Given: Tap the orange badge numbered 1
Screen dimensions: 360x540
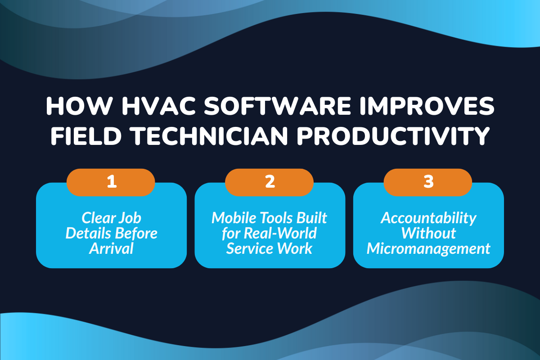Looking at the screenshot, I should coord(111,182).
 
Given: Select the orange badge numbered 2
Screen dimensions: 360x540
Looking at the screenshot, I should coord(270,182).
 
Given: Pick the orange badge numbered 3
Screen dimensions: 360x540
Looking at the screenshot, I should coord(428,182).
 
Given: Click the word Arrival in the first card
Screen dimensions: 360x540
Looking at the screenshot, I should coord(111,248).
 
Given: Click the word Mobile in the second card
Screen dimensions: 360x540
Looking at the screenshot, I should coord(233,218).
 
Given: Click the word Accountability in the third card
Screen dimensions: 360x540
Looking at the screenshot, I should coord(428,218).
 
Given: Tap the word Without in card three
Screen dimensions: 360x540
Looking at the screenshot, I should coord(428,234).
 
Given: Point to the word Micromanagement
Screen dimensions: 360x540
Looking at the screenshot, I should coord(428,248).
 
